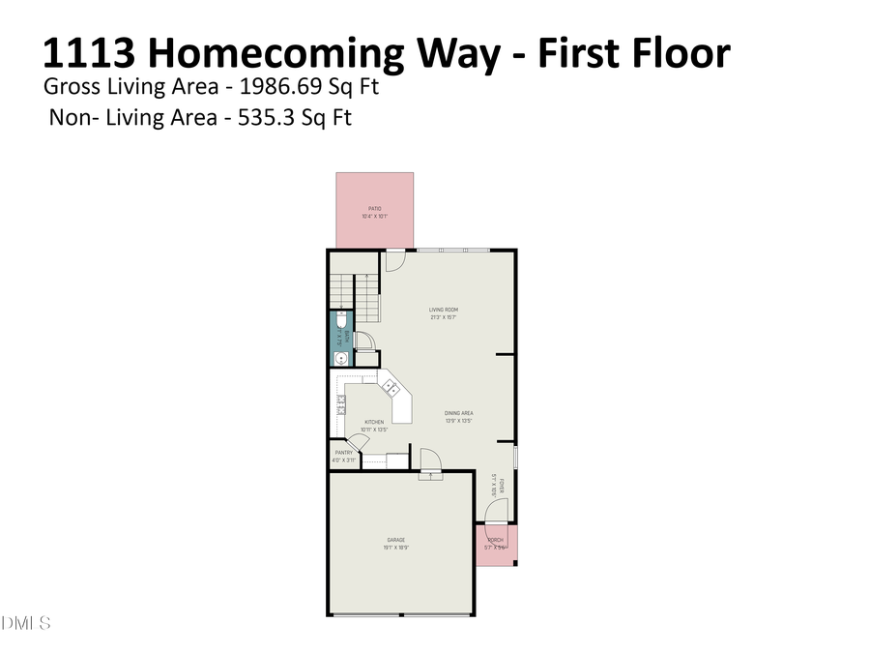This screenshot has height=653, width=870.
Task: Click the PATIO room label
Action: tap(374, 208)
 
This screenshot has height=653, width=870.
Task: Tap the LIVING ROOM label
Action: tap(443, 311)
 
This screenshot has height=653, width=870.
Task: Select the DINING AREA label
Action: tap(458, 413)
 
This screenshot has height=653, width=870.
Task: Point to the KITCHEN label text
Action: tap(373, 422)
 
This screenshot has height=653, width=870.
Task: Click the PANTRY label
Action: tap(343, 453)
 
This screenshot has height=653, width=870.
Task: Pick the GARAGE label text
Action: tap(395, 540)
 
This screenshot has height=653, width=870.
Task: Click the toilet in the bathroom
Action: tap(341, 319)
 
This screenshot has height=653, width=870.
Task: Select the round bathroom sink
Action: tap(340, 359)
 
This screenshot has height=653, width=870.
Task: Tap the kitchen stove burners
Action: tap(340, 403)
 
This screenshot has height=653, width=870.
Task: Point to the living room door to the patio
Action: tap(394, 260)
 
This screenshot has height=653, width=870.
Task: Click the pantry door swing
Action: tap(358, 443)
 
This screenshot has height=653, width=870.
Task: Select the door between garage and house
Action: tap(430, 461)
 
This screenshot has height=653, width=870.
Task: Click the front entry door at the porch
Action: tap(493, 513)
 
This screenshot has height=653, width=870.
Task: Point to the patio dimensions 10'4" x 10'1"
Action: tap(374, 216)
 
